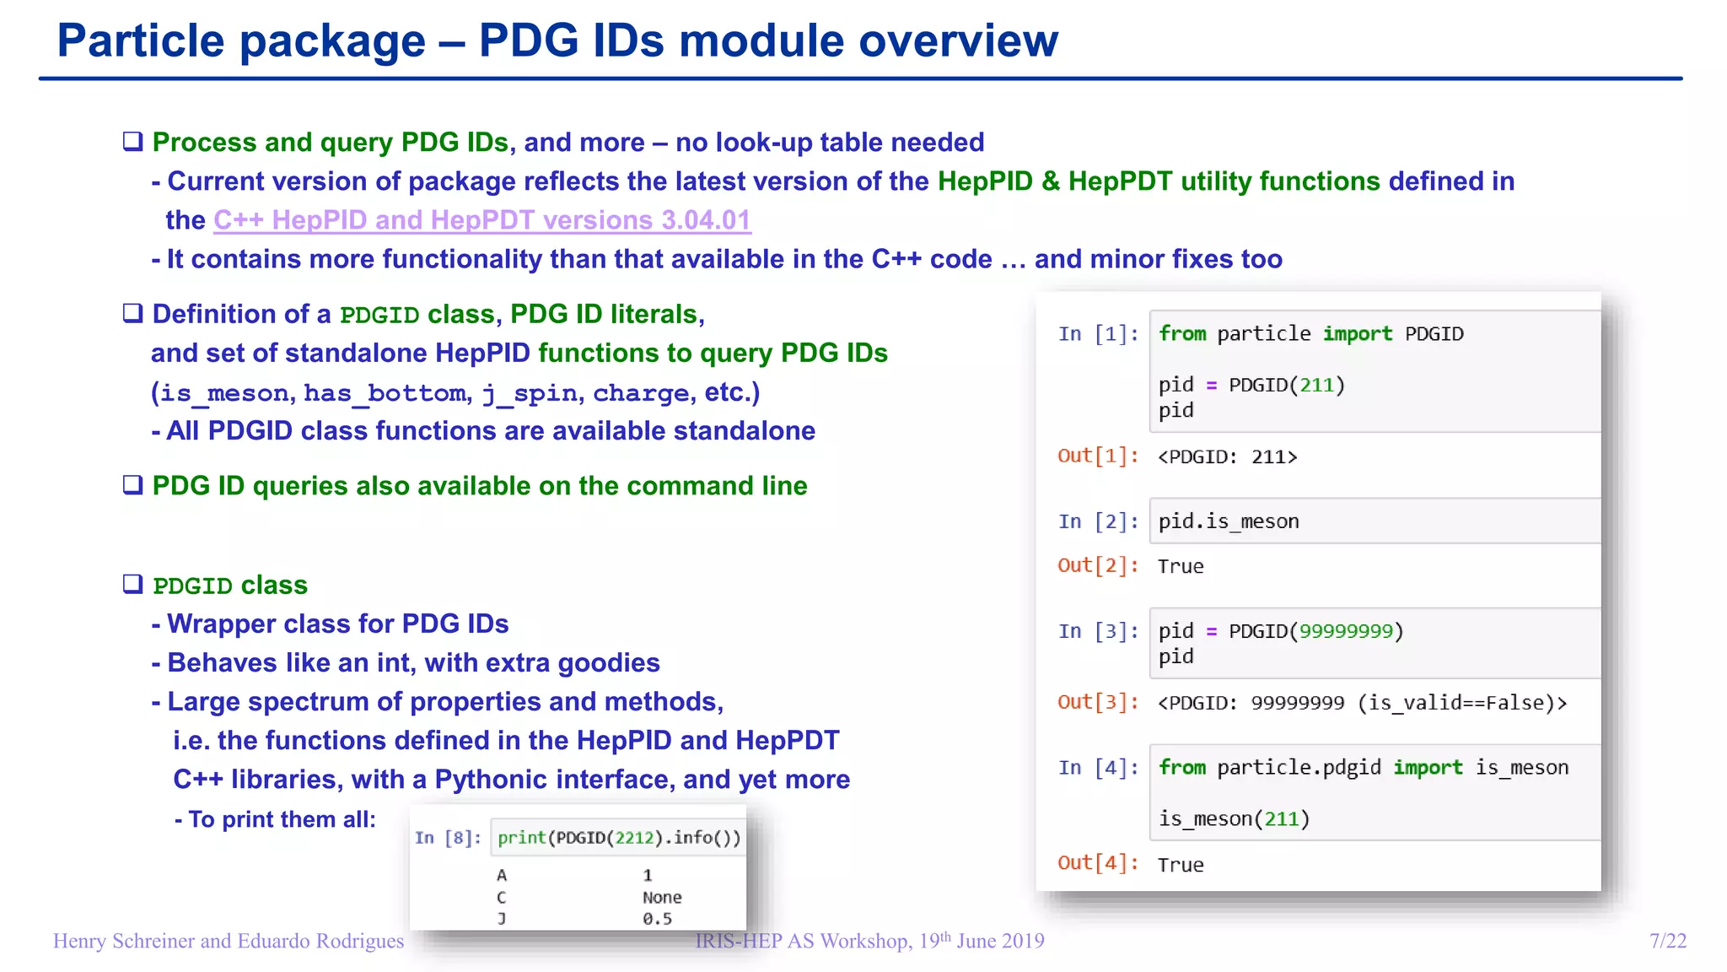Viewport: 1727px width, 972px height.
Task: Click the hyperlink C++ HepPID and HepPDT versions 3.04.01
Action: pyautogui.click(x=482, y=220)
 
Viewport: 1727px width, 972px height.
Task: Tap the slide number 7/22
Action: pyautogui.click(x=1667, y=941)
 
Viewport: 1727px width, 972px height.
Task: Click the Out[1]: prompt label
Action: pyautogui.click(x=1098, y=456)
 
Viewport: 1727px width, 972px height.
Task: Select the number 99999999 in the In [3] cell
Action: pyautogui.click(x=1346, y=631)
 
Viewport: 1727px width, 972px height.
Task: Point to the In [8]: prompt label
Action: pyautogui.click(x=448, y=838)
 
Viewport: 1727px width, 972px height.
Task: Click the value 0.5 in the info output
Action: pyautogui.click(x=657, y=919)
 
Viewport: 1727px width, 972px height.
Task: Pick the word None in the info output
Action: pyautogui.click(x=662, y=898)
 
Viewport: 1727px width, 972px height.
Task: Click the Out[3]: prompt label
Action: pyautogui.click(x=1098, y=702)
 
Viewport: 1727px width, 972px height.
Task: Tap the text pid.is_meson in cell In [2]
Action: pyautogui.click(x=1228, y=521)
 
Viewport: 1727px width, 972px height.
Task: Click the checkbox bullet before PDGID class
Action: pyautogui.click(x=133, y=584)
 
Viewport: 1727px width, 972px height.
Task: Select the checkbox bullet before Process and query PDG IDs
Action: pyautogui.click(x=133, y=141)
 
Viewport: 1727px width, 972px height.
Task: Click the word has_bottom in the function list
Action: pyautogui.click(x=385, y=393)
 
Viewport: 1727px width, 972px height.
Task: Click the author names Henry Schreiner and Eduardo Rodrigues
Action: pyautogui.click(x=229, y=941)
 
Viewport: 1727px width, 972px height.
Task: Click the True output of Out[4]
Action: pyautogui.click(x=1180, y=865)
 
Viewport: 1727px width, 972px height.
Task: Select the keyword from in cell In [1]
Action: pyautogui.click(x=1181, y=334)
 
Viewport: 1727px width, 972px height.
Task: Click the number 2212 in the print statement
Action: pyautogui.click(x=634, y=838)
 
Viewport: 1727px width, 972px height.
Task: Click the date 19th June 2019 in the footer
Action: pyautogui.click(x=981, y=941)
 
